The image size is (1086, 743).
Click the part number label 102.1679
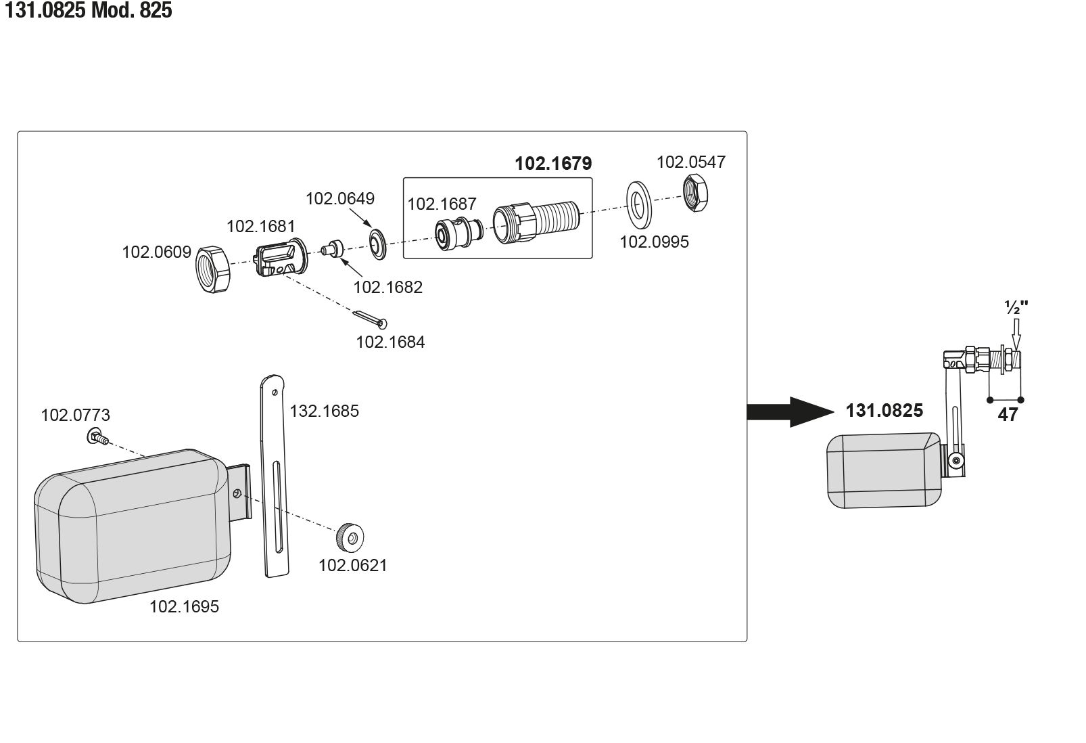pyautogui.click(x=553, y=164)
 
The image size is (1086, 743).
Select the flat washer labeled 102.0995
pyautogui.click(x=637, y=204)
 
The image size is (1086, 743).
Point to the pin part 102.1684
pyautogui.click(x=370, y=319)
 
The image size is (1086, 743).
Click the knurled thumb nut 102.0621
pyautogui.click(x=350, y=538)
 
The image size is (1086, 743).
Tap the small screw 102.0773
pyautogui.click(x=97, y=438)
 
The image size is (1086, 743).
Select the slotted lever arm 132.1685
pyautogui.click(x=275, y=474)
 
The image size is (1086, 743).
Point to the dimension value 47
pyautogui.click(x=1008, y=415)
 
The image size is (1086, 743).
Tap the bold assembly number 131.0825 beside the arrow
pyautogui.click(x=884, y=411)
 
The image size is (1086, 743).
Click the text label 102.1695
pyautogui.click(x=184, y=607)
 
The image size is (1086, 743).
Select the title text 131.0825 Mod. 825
pyautogui.click(x=88, y=11)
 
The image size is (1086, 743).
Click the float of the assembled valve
pyautogui.click(x=883, y=471)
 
